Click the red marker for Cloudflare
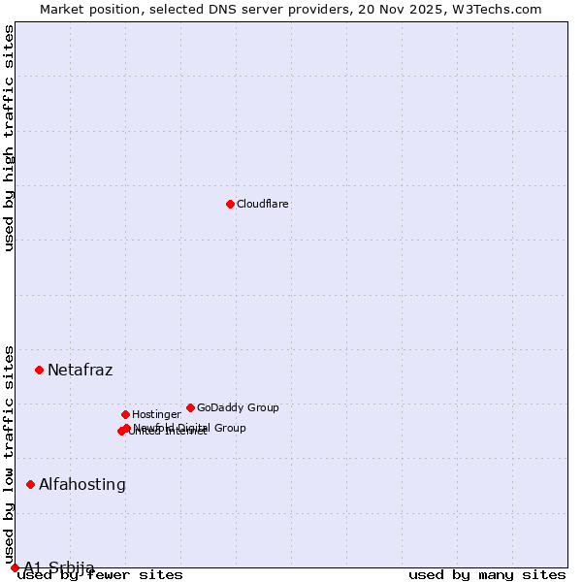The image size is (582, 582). coord(230,204)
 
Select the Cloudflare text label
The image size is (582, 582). coord(263,204)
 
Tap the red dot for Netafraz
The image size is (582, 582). coord(39,370)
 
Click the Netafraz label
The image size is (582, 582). coord(80,370)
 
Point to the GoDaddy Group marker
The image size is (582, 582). coord(190,407)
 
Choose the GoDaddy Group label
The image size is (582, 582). coord(238,407)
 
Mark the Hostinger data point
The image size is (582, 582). coord(125,414)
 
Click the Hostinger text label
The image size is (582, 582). coord(156,414)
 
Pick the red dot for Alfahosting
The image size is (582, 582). coord(30,484)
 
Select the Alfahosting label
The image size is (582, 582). coord(82,484)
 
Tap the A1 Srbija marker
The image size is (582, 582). coord(15,567)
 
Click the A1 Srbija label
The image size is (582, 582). coord(59,567)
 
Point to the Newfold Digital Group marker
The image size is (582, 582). coord(126,428)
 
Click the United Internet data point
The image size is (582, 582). coord(121,431)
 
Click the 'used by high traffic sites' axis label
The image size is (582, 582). coord(10,138)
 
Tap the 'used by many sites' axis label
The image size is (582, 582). coord(487,574)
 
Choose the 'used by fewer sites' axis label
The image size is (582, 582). coord(101,574)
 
